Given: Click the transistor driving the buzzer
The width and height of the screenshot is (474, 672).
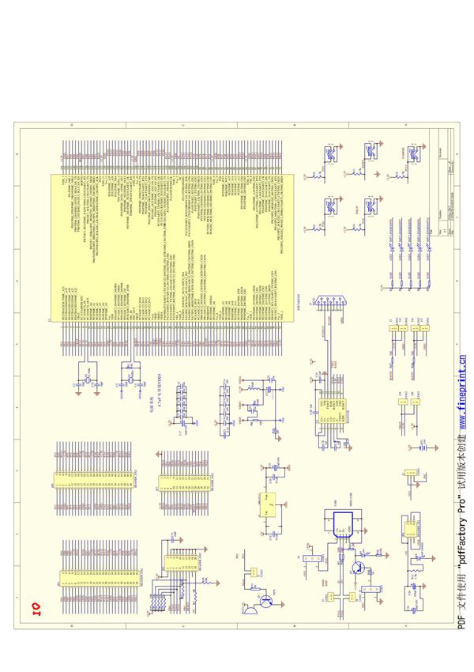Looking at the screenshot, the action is tap(266, 602).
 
